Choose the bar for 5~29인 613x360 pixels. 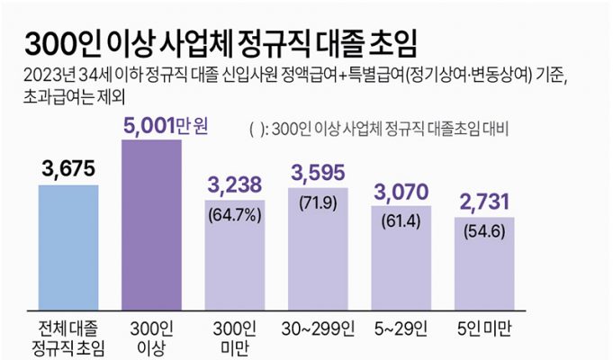click(402, 265)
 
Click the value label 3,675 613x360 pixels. click(68, 168)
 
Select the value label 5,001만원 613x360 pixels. click(166, 125)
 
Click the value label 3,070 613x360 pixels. click(402, 190)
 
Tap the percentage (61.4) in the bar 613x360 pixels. click(402, 220)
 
